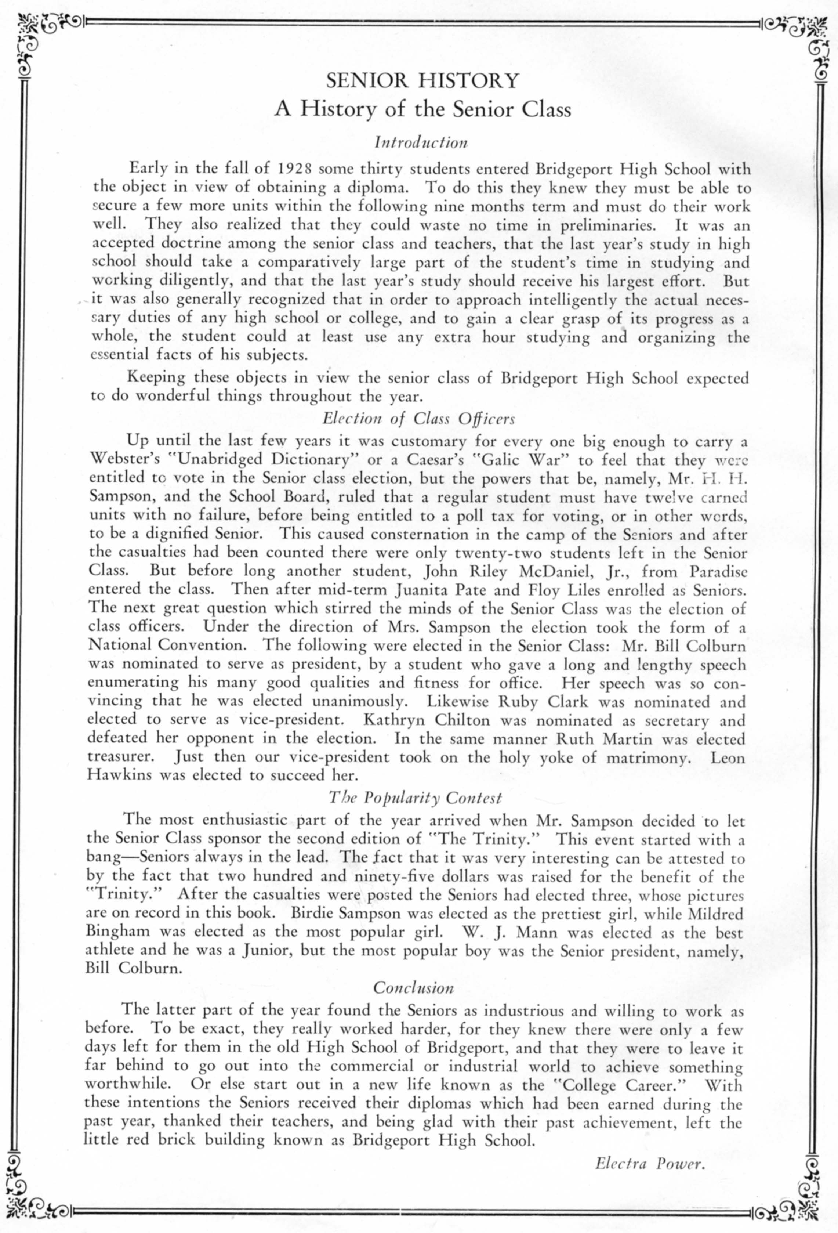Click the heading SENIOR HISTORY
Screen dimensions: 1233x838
pos(422,81)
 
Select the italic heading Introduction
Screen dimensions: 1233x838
pos(421,142)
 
